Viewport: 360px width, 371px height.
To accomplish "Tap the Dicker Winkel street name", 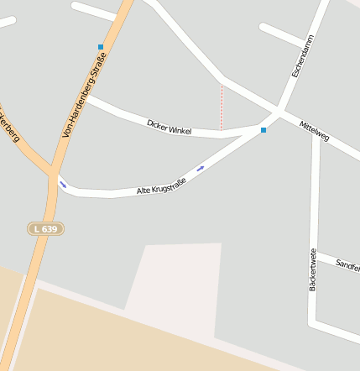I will coord(170,128).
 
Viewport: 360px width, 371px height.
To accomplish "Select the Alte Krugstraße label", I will coord(161,186).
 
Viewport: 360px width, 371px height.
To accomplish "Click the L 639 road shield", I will coord(45,228).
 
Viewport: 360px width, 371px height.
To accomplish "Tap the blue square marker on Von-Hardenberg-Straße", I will coord(101,47).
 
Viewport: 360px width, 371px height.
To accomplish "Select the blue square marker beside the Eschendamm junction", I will coord(263,130).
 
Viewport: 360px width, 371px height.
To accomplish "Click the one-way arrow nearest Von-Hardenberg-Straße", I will coord(63,185).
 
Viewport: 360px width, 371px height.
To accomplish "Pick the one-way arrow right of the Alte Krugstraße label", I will coord(201,170).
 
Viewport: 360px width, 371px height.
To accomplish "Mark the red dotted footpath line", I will coord(222,107).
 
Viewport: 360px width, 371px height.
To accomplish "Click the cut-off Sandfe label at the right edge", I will coord(347,265).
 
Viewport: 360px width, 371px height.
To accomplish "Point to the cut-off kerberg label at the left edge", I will coord(10,126).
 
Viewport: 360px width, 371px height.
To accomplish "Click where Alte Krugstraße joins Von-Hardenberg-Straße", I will coord(56,178).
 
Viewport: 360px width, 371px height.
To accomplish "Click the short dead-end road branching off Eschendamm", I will coord(286,34).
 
